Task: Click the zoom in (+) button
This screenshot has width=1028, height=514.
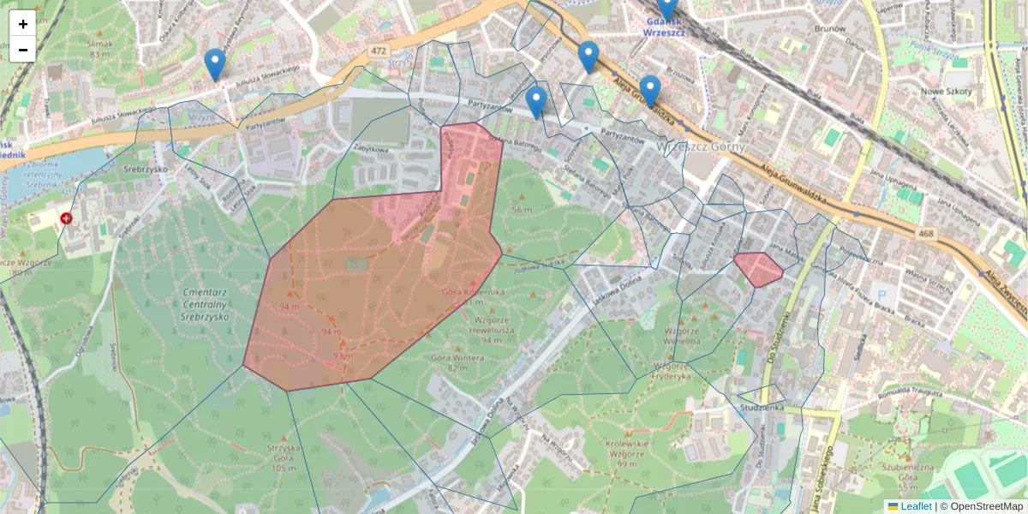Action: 23,24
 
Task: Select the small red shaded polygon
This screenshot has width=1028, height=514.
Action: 758,269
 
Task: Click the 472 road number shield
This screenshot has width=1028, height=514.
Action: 379,51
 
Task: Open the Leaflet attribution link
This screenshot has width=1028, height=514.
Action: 916,506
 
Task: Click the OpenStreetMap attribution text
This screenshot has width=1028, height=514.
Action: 986,506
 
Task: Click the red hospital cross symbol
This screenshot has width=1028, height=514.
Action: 67,218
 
